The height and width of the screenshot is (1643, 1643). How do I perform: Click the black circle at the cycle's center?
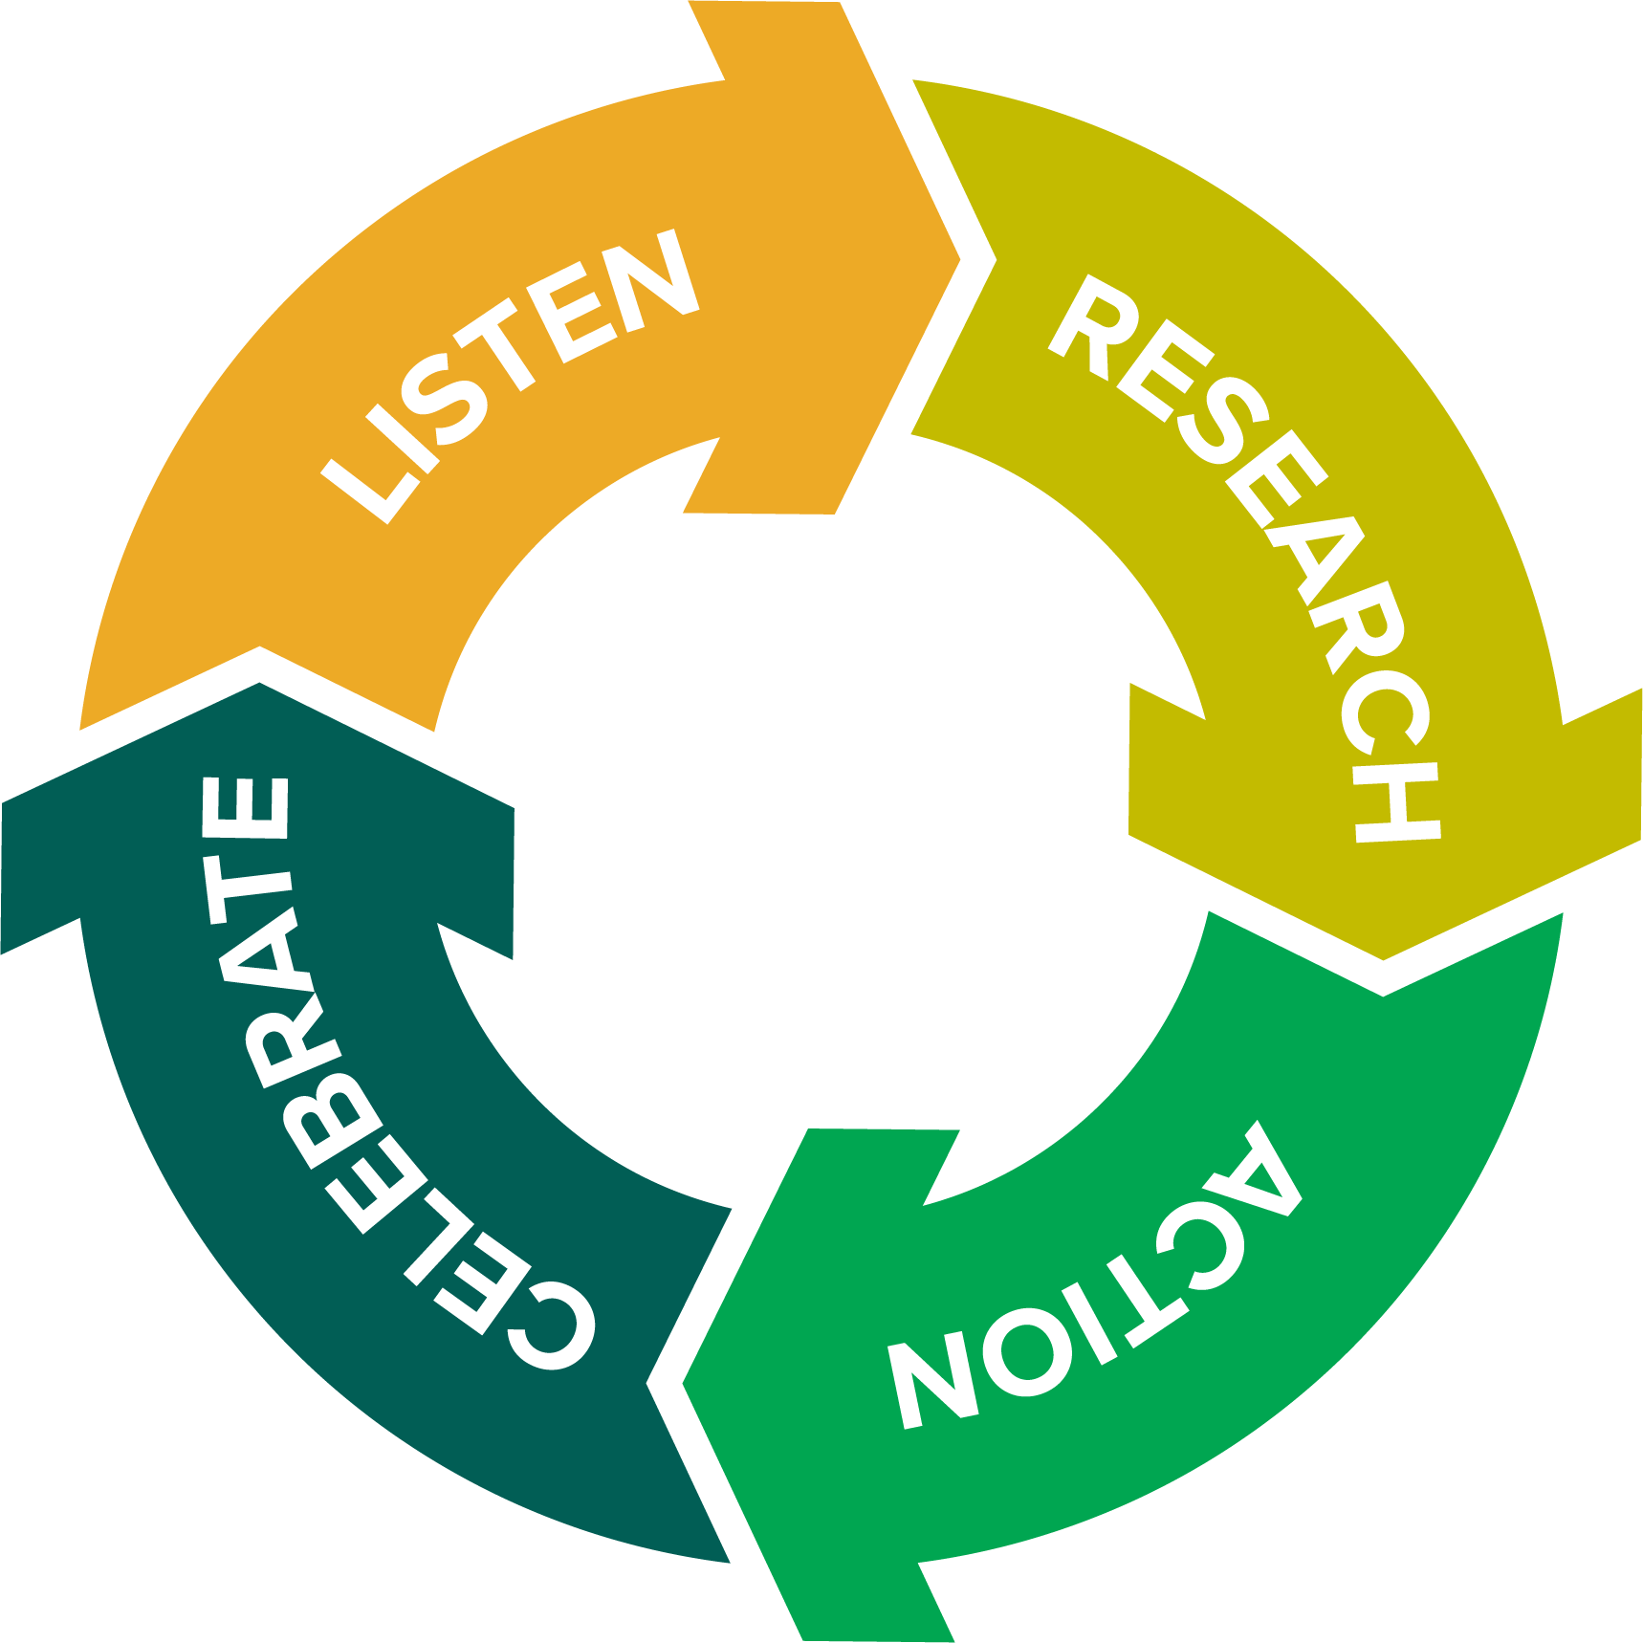point(821,822)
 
